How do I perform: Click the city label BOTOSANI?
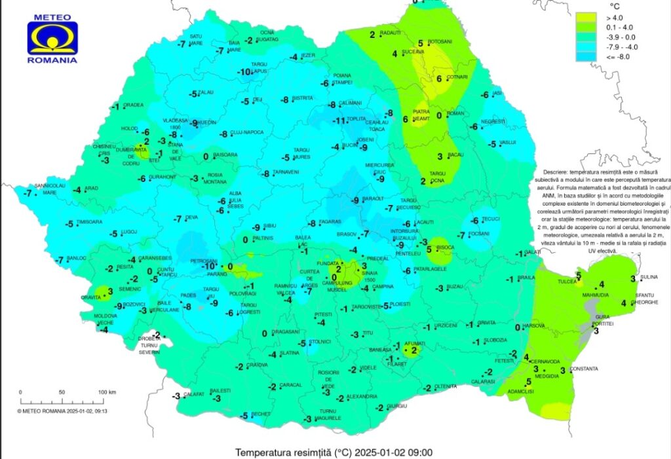click(x=440, y=41)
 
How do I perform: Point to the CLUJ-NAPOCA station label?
click(x=247, y=132)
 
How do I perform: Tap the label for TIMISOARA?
click(x=90, y=223)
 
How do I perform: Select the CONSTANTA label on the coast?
click(x=584, y=369)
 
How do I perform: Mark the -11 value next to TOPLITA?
click(x=339, y=121)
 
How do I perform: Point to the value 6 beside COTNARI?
click(x=439, y=79)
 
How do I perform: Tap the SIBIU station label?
click(x=269, y=226)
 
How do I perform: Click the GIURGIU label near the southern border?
click(x=393, y=406)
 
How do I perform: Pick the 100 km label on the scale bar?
click(x=107, y=392)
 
